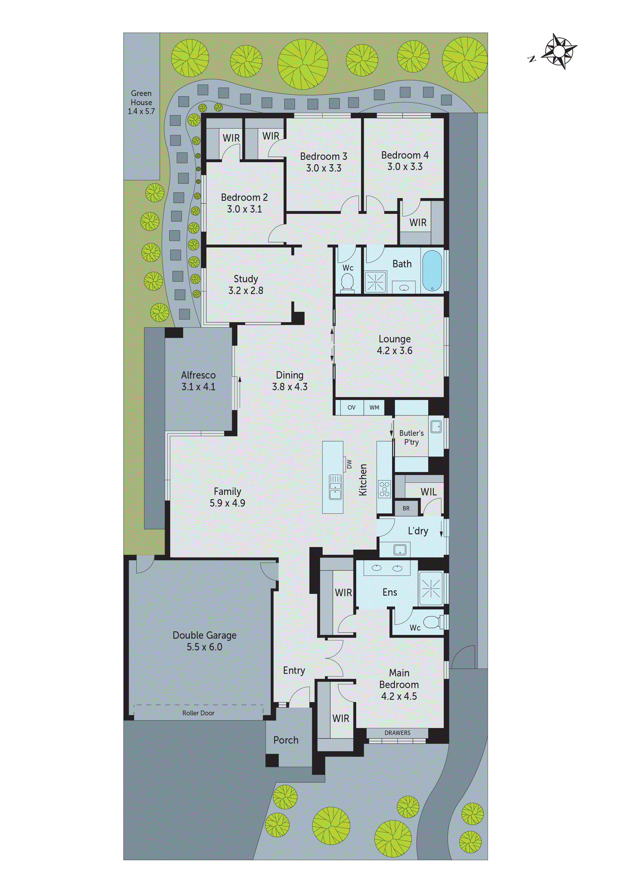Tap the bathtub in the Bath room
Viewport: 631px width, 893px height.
[x=432, y=270]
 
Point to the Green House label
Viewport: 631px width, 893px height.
[x=141, y=97]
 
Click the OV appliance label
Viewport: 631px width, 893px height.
[x=351, y=407]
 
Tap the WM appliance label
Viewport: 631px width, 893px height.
[x=374, y=407]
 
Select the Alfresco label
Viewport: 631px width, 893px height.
[x=198, y=375]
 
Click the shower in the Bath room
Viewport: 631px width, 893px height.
[x=375, y=282]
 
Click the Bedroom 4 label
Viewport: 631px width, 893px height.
[x=405, y=155]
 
